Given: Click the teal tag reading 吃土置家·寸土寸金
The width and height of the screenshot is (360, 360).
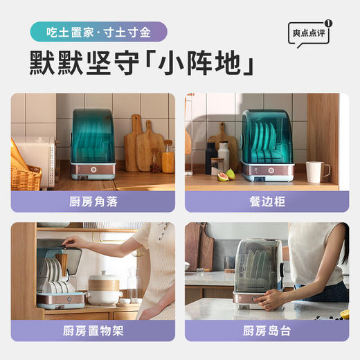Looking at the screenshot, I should click(98, 32).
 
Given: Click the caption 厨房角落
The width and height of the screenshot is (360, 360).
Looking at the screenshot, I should click(92, 201).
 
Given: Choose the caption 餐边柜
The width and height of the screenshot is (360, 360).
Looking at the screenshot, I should click(267, 201).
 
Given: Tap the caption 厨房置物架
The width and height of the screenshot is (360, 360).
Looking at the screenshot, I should click(92, 330).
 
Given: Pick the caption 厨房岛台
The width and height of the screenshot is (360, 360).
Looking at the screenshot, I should click(267, 330).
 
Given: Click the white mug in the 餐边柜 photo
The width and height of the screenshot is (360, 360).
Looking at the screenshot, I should click(316, 172).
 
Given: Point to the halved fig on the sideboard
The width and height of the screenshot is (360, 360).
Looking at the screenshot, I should click(223, 177).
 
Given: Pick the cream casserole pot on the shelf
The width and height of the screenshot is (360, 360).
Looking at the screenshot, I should click(105, 289).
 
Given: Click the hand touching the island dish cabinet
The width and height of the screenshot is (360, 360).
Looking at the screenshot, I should click(270, 299).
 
